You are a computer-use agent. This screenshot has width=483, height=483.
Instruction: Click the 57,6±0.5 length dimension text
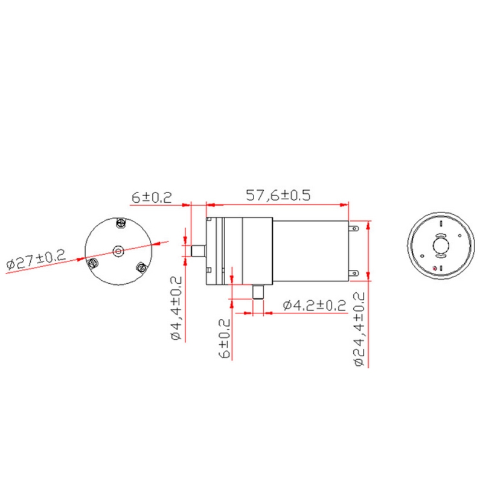pos(278,196)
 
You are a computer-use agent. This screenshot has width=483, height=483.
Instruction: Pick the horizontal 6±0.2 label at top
pos(152,197)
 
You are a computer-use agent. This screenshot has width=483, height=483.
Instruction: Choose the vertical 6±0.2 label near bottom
pos(226,338)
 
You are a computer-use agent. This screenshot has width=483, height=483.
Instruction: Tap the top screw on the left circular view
pos(120,224)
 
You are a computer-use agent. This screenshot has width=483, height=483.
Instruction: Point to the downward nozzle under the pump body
pos(259,292)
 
